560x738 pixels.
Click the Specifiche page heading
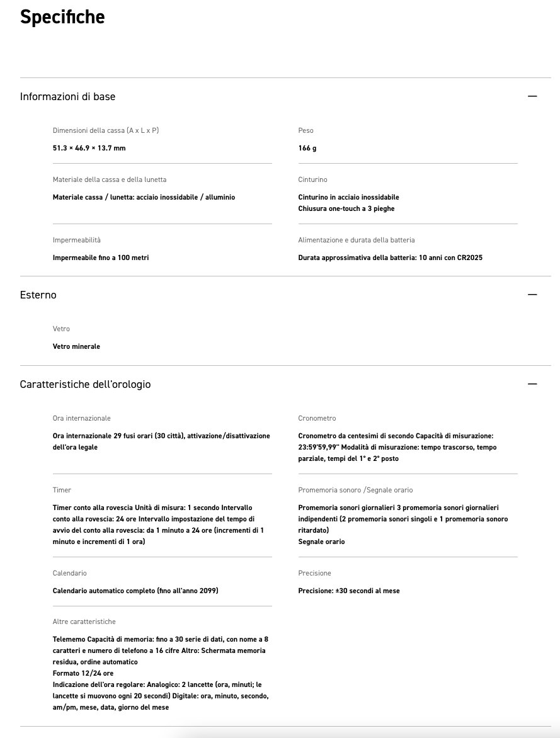pos(62,17)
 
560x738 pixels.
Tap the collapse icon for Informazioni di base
pos(532,96)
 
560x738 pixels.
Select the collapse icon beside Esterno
pos(532,295)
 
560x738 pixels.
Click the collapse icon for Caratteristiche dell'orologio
pos(532,384)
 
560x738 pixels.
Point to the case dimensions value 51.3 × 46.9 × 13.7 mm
pos(89,148)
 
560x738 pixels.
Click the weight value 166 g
pos(307,148)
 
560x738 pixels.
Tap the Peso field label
pos(306,130)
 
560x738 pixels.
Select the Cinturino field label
pos(312,179)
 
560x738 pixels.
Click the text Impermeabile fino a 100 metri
pos(101,258)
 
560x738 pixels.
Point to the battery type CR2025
pos(469,258)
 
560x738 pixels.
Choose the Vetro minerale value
pos(76,346)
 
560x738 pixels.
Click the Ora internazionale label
pos(81,418)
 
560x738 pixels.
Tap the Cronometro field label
pos(317,418)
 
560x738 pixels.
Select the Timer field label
pos(62,490)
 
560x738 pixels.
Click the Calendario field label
pos(69,573)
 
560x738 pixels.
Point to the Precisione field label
pos(314,573)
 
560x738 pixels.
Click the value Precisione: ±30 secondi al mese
pos(349,591)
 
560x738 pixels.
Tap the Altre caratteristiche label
pos(84,622)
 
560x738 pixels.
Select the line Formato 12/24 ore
pos(83,673)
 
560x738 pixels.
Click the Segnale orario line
pos(321,542)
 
